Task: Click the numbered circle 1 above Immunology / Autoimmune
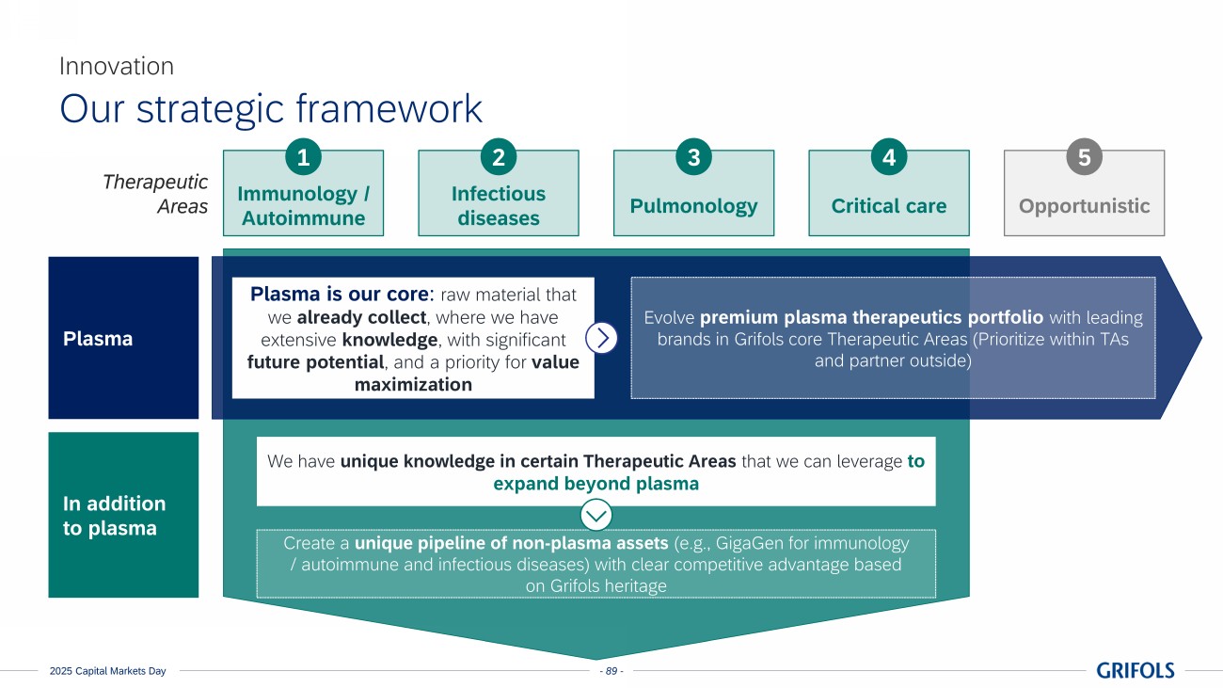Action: (x=303, y=158)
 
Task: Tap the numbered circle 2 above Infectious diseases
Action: (x=499, y=158)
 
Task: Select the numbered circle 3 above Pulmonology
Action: (x=693, y=158)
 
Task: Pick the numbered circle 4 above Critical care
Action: (x=889, y=158)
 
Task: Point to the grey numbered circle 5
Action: (x=1084, y=158)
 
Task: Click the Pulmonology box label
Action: (x=693, y=206)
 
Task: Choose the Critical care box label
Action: (x=889, y=206)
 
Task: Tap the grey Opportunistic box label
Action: (x=1084, y=206)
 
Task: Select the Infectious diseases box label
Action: (x=499, y=206)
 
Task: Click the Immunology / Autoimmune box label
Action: (x=303, y=206)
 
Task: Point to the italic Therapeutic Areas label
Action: (x=155, y=194)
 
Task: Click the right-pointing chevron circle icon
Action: (x=601, y=338)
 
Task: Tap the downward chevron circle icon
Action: (x=596, y=515)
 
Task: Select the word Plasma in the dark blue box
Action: (x=98, y=339)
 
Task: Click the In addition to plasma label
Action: (x=114, y=516)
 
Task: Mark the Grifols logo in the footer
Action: (x=1135, y=670)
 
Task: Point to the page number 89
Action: (x=611, y=671)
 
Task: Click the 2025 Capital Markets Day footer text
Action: (x=108, y=671)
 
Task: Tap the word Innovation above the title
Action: (x=117, y=66)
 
